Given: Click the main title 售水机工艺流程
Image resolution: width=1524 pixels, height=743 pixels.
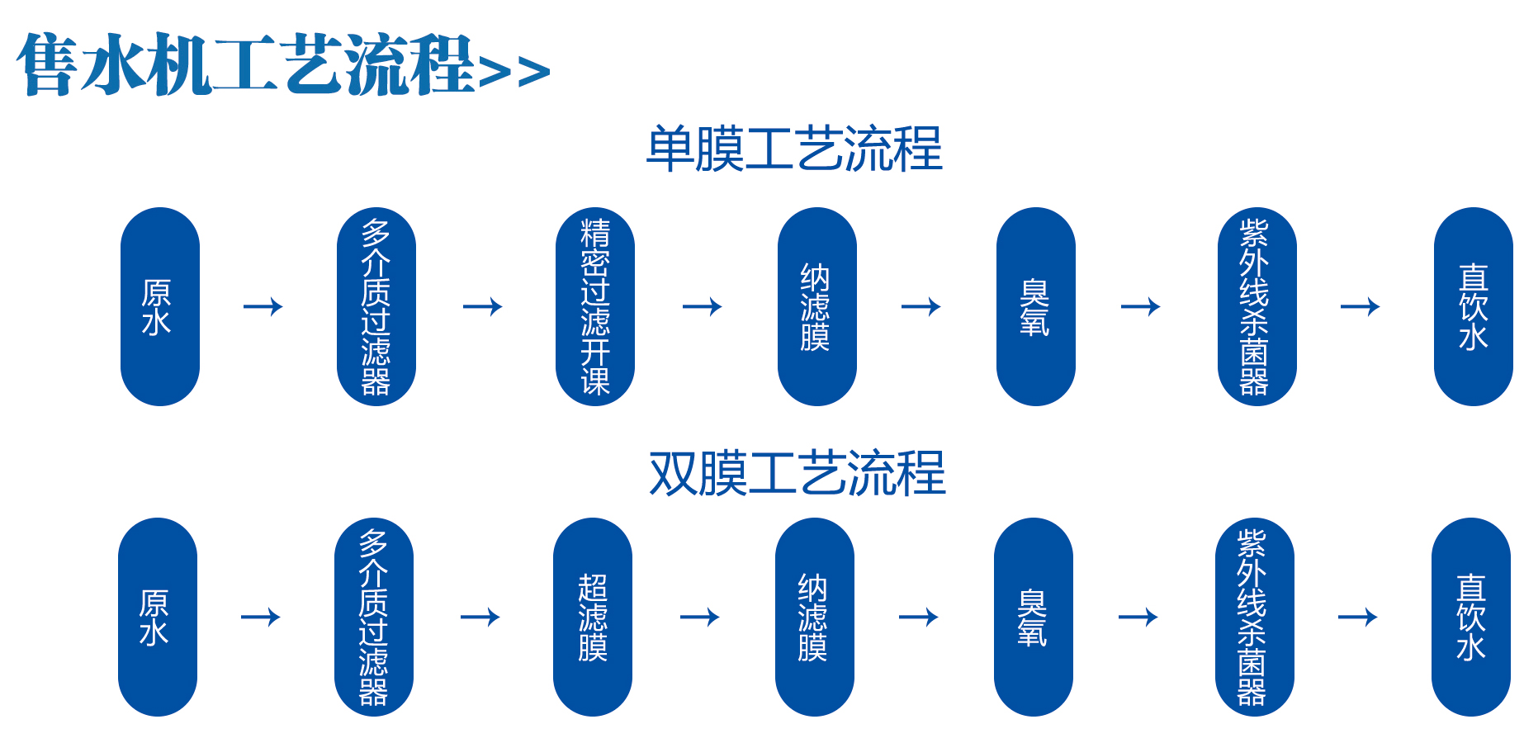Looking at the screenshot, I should (245, 64).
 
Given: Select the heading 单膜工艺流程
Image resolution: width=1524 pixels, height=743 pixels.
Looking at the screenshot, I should (793, 149).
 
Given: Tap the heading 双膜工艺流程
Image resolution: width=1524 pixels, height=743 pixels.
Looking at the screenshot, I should (797, 474).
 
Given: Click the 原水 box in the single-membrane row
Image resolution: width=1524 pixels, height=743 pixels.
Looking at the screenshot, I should (159, 306).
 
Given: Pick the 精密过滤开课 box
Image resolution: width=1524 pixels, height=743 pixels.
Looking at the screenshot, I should (594, 306).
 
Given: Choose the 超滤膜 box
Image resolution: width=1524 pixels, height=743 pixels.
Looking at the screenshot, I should (592, 617).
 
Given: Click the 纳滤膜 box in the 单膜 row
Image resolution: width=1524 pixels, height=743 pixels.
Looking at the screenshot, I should (816, 306).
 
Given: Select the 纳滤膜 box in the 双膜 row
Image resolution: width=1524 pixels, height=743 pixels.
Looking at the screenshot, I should (814, 617).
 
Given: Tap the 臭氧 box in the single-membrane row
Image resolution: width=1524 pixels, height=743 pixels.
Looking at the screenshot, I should (1035, 306).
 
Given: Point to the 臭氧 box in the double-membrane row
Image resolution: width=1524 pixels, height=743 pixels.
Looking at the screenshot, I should (1033, 617).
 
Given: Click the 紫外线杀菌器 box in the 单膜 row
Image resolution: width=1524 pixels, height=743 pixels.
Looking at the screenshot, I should (1257, 306).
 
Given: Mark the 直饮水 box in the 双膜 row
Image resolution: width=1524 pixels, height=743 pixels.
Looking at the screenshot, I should (1470, 617).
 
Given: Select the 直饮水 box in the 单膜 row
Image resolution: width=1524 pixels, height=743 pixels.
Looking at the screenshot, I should (1473, 306).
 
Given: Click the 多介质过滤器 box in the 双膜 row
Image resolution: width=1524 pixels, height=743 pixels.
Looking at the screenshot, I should (373, 617).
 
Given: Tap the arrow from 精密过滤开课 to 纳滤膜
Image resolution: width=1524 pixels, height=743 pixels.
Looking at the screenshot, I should (703, 307).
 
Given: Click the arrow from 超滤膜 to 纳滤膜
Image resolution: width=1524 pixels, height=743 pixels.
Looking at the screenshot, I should (700, 617).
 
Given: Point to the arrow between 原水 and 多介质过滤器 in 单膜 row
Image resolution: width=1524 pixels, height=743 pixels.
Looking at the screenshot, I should (263, 307).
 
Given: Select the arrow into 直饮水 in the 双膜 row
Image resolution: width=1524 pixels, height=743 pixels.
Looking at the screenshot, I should (1358, 617).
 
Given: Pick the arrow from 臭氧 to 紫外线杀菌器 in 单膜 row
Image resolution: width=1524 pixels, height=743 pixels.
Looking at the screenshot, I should (1141, 307).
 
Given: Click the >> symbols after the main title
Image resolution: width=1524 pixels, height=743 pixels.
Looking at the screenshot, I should (514, 72).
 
